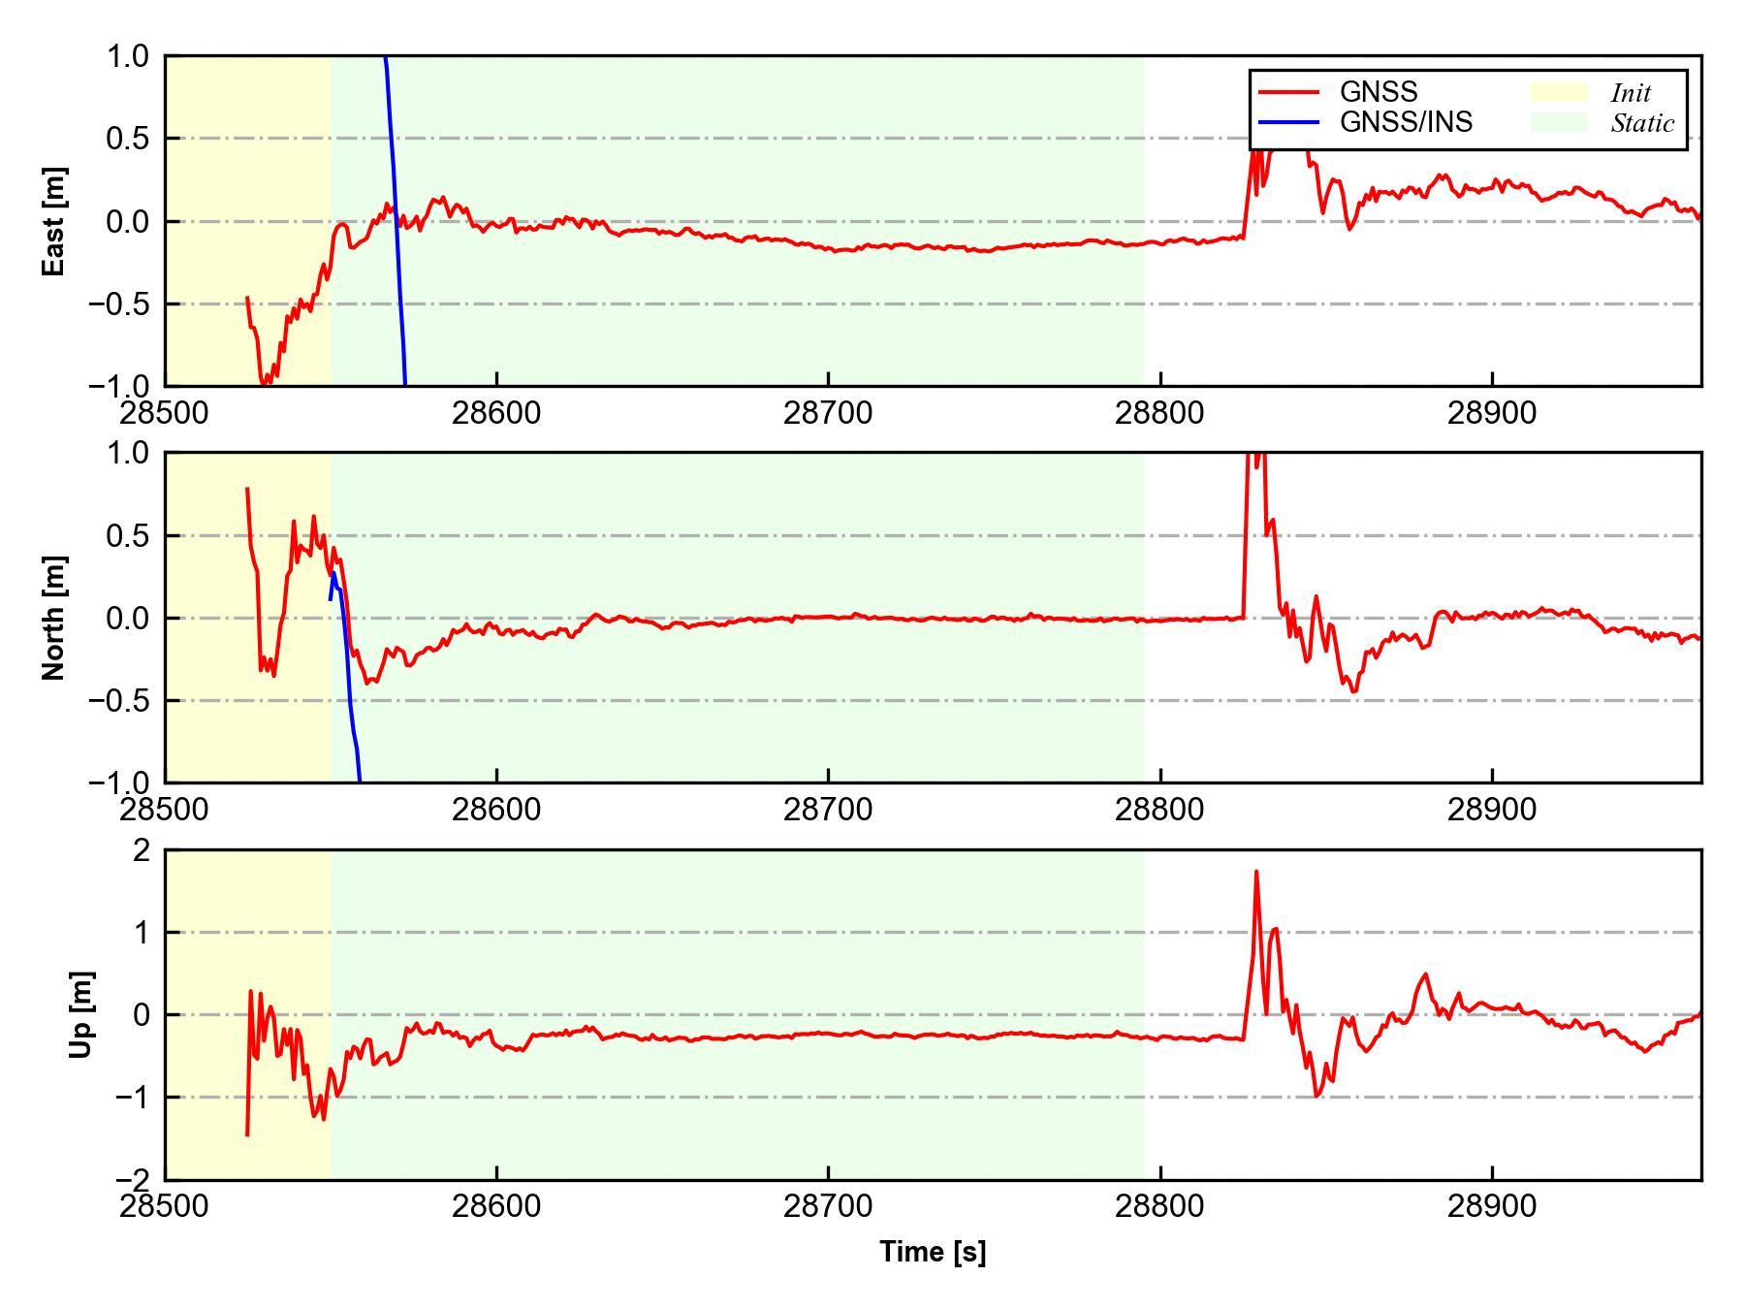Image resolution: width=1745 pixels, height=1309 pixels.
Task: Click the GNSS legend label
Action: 1378,92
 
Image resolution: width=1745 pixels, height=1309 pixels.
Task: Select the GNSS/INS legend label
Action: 1406,122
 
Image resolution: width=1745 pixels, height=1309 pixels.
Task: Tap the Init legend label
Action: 1631,93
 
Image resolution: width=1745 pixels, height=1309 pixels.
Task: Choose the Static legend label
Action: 1642,123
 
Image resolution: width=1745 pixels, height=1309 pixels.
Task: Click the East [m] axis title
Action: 54,221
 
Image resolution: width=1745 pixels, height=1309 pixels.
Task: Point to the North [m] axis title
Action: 54,618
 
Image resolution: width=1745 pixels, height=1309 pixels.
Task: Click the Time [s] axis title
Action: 933,1252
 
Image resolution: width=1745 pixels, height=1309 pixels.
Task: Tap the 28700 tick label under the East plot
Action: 828,413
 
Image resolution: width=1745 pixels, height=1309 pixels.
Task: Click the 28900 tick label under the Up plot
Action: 1492,1206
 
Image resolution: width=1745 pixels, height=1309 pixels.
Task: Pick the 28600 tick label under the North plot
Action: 496,810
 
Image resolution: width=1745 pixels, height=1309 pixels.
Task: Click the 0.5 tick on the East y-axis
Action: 128,139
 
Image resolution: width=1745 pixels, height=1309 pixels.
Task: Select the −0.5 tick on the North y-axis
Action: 120,700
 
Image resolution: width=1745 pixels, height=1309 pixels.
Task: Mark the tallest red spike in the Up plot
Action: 1256,873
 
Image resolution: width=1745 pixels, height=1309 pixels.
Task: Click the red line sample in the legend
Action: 1288,92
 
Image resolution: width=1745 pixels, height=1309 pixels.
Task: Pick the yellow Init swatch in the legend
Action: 1558,92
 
